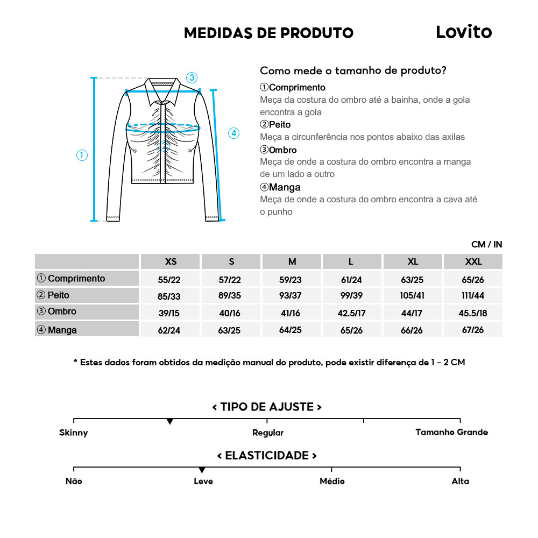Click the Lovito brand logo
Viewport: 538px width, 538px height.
click(x=463, y=32)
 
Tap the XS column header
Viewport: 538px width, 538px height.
click(x=171, y=262)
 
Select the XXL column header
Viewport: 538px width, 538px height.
click(x=473, y=262)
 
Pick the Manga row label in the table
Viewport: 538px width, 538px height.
click(x=62, y=330)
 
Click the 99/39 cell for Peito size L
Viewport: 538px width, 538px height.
click(x=351, y=296)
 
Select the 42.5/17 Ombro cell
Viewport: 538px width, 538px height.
click(x=351, y=313)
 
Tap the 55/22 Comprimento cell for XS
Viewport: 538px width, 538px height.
click(x=169, y=280)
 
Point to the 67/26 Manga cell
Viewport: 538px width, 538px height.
click(x=473, y=330)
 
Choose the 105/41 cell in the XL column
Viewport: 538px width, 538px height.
click(x=413, y=296)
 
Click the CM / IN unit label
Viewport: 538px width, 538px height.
click(x=486, y=244)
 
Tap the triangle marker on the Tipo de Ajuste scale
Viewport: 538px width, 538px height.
click(x=170, y=422)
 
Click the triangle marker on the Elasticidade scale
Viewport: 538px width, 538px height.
click(x=202, y=470)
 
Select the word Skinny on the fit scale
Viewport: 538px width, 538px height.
click(x=74, y=433)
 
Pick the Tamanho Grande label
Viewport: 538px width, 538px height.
click(x=451, y=432)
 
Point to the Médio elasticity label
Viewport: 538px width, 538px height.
click(x=332, y=481)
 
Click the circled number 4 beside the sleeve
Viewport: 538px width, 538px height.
click(x=233, y=133)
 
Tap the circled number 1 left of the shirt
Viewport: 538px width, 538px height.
click(x=82, y=155)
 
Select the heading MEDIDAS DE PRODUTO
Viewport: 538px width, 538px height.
click(x=268, y=33)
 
